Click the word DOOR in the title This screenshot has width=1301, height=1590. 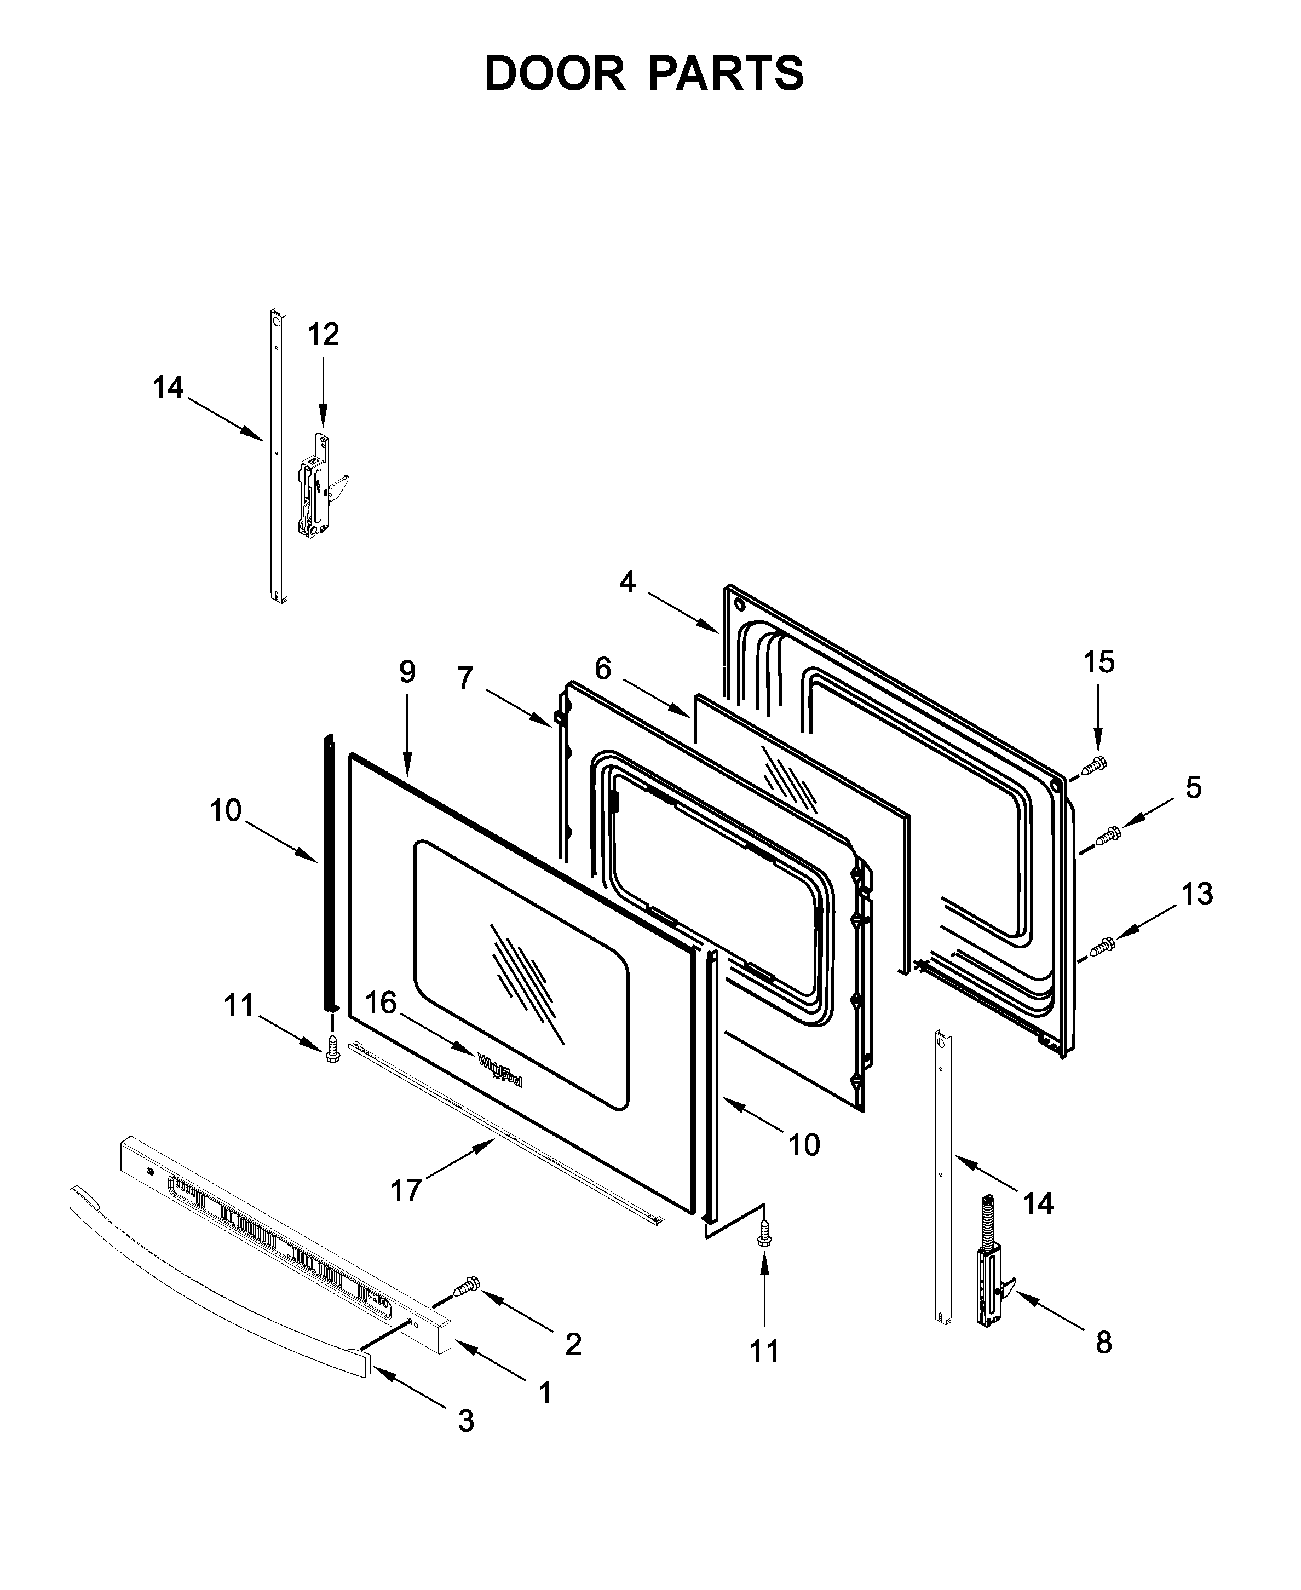(x=555, y=74)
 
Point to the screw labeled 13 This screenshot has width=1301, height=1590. (x=1102, y=948)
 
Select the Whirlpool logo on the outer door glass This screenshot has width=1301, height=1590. (x=500, y=1071)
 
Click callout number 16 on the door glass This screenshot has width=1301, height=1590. (x=381, y=1003)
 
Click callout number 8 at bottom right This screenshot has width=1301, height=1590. (x=1103, y=1343)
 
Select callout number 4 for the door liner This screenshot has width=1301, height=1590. (x=628, y=582)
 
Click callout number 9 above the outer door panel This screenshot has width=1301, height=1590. (x=407, y=672)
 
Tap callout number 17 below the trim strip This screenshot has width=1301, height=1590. (x=405, y=1190)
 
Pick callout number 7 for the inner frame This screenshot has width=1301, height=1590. (x=465, y=678)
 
